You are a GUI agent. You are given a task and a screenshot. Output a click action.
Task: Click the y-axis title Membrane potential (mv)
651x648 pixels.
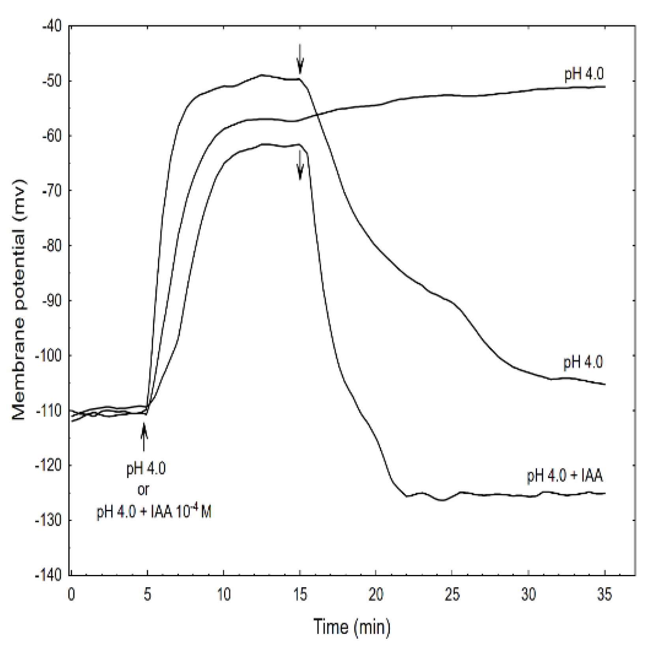[19, 300]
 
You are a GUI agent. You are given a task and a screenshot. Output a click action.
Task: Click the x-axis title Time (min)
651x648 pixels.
[352, 627]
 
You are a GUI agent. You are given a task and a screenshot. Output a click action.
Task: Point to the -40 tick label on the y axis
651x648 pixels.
[52, 26]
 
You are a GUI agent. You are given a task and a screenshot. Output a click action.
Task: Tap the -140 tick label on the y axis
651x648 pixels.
[49, 575]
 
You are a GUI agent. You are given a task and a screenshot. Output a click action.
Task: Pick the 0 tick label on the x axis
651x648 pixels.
[71, 594]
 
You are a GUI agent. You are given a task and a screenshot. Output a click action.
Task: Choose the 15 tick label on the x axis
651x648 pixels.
[300, 594]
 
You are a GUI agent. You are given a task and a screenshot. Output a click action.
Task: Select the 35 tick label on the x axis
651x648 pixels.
[604, 594]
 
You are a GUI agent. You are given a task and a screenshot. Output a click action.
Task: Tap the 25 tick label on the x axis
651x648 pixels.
[452, 594]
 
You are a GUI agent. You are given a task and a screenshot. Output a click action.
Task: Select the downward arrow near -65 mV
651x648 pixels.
[300, 166]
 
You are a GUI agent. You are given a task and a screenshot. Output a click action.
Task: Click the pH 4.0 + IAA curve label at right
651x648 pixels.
[565, 476]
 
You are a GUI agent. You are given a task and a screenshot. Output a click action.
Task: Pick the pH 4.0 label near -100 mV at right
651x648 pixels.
[583, 362]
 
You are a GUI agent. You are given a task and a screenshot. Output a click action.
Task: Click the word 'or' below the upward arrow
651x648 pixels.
[143, 490]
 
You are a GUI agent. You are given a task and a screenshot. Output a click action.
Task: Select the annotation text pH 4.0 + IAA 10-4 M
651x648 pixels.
[154, 512]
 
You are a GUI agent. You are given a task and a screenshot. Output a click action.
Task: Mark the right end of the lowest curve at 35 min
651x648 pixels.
[604, 493]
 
